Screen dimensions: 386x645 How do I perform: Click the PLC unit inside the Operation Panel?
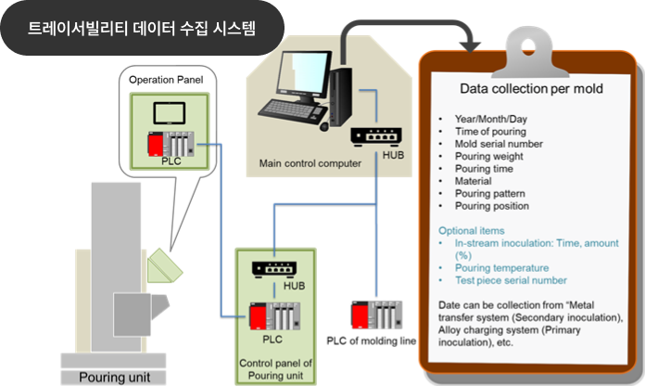172,146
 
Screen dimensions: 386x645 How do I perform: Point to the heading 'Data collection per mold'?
532,89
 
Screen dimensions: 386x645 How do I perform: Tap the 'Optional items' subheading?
472,230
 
